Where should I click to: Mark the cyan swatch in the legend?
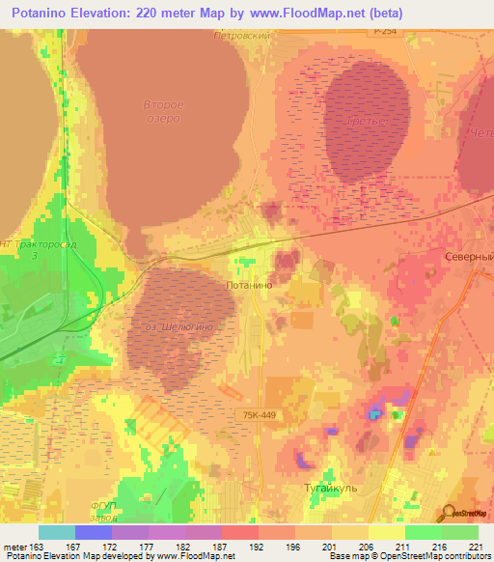(56, 532)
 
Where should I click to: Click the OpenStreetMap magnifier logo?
(449, 512)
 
